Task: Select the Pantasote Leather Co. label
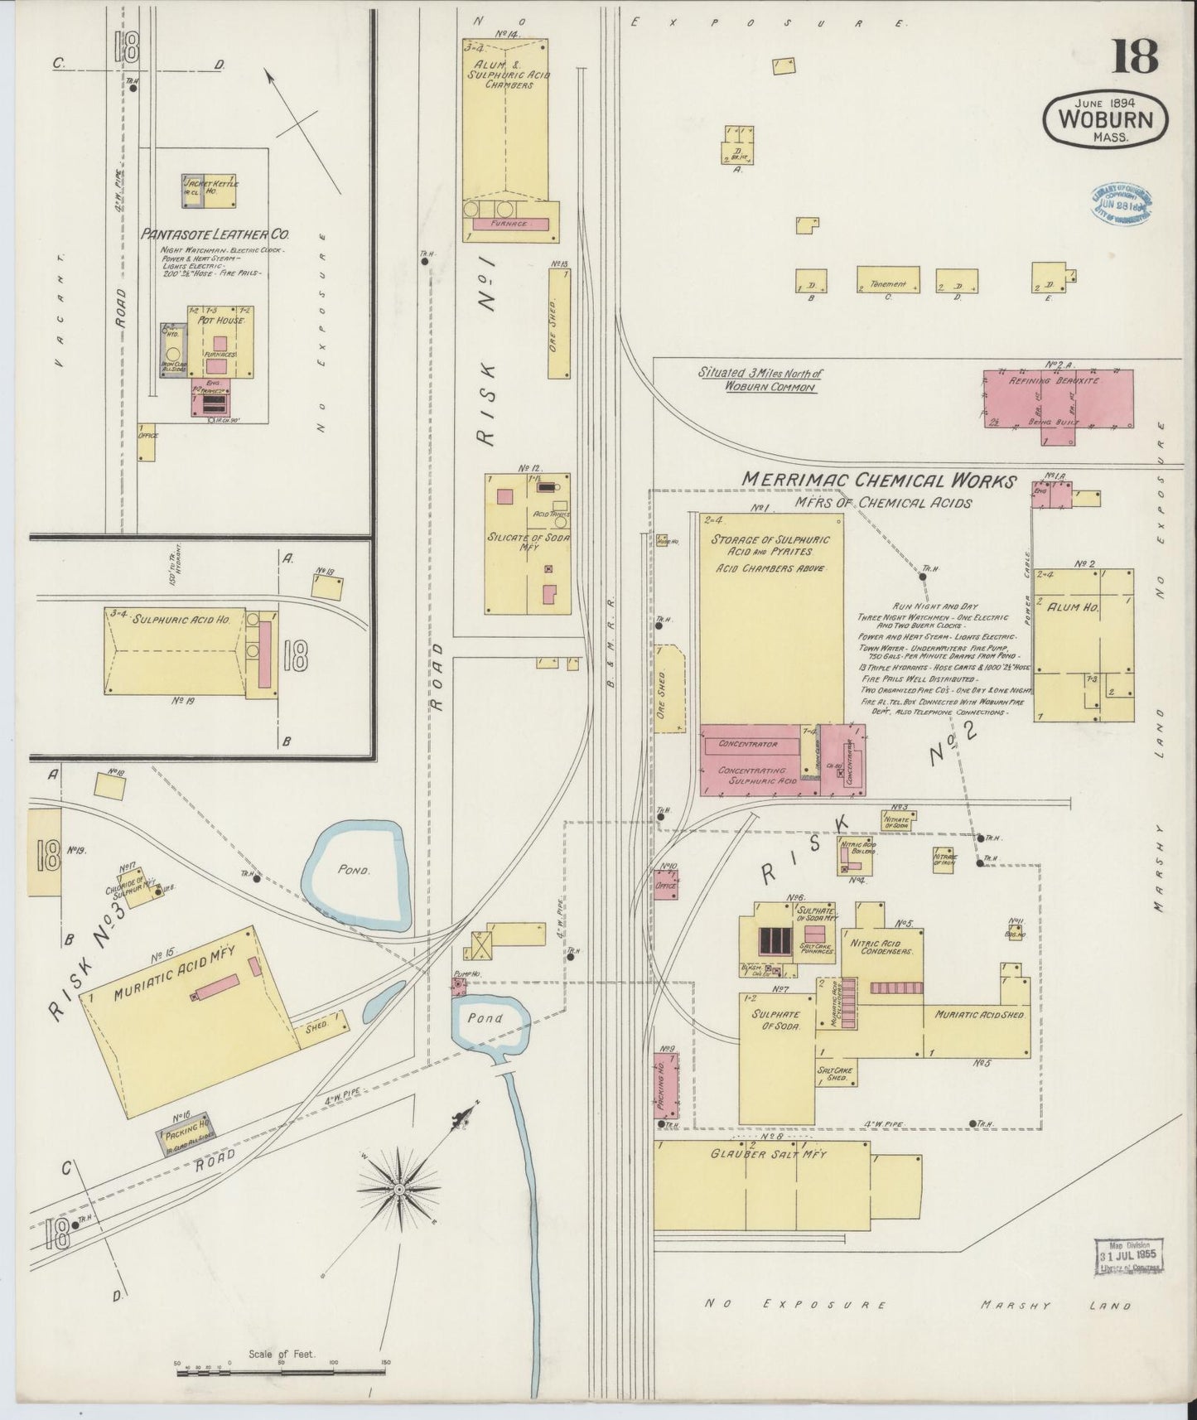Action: click(x=215, y=234)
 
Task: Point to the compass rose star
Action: click(x=400, y=1189)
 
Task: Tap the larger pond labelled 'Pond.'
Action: click(x=355, y=871)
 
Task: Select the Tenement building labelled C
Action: click(x=888, y=279)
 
